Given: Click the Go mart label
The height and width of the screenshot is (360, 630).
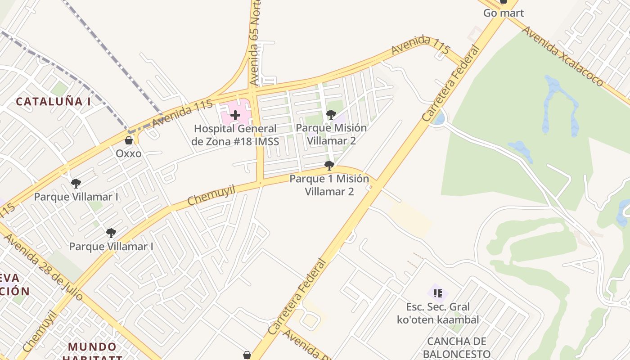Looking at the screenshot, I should [x=504, y=13].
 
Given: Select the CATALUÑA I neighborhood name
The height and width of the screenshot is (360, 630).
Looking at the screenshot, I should [x=54, y=101].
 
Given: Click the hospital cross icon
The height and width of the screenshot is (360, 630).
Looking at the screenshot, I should [x=235, y=115].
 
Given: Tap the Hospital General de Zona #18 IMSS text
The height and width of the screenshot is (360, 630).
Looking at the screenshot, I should [x=235, y=135].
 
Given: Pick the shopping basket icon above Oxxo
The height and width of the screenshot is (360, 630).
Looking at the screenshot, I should [x=129, y=140].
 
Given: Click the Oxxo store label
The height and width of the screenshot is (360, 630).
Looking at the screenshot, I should [x=129, y=153].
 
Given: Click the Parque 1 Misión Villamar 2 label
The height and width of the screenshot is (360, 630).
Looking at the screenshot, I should [x=329, y=185].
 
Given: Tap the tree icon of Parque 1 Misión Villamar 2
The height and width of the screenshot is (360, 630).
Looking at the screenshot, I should [x=329, y=166].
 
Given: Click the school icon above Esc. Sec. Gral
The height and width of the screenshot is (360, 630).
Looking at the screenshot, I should [x=437, y=293].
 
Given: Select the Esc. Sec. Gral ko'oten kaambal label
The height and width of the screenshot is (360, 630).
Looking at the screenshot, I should [x=438, y=314].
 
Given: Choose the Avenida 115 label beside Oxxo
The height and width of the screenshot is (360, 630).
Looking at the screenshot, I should [x=182, y=113].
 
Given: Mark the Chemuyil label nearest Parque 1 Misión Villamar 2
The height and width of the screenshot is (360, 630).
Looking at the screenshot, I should [x=211, y=195].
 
